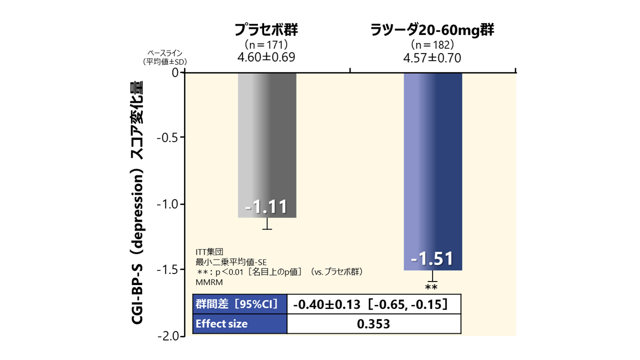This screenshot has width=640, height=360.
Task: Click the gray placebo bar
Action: click(x=267, y=145)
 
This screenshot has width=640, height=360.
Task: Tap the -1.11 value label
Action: click(x=267, y=206)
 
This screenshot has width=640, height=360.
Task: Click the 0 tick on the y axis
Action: click(x=175, y=72)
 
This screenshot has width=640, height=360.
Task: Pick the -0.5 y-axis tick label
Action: click(x=167, y=137)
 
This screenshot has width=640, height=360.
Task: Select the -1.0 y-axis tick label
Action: click(x=167, y=204)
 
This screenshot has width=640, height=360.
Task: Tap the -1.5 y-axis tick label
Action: click(x=167, y=270)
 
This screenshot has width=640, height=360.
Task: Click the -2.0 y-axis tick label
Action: click(x=167, y=336)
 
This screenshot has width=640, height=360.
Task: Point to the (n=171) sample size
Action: click(x=266, y=45)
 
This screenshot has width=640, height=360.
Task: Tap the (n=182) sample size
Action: click(x=432, y=45)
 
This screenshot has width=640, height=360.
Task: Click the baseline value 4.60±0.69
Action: click(x=266, y=57)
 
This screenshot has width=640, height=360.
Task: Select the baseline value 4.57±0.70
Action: click(x=432, y=57)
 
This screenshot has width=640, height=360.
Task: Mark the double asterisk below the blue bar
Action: click(x=431, y=287)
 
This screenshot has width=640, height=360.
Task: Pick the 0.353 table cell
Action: click(x=373, y=324)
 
